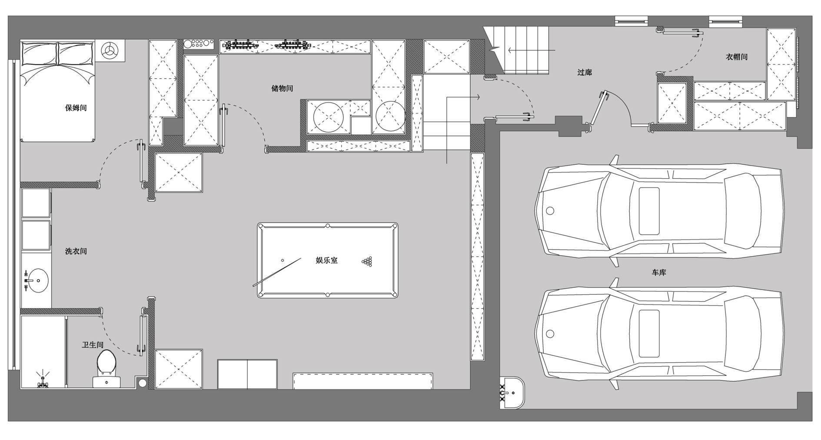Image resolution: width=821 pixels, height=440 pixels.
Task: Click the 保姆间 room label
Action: (76, 108)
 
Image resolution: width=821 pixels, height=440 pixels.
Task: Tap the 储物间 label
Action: (282, 88)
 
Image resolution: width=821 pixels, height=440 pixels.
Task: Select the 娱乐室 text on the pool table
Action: (326, 260)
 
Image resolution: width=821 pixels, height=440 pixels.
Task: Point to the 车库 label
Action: (659, 273)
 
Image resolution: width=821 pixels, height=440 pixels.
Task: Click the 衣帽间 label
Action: (737, 57)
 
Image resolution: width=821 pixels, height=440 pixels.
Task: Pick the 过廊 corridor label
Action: (585, 72)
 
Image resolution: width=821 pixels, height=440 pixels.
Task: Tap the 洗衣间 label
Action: (76, 251)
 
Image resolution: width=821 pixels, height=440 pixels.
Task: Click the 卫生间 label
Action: (93, 345)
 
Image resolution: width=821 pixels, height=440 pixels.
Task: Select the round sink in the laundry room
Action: (37, 281)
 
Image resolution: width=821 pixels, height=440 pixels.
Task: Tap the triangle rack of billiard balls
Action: (367, 261)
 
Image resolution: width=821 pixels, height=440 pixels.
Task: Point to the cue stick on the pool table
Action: (277, 272)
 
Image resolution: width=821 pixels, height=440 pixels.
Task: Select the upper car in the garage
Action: (658, 211)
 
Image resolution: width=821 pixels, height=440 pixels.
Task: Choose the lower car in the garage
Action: (658, 334)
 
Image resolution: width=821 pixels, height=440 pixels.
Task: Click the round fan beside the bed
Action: (110, 50)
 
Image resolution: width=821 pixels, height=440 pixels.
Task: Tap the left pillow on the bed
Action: (40, 53)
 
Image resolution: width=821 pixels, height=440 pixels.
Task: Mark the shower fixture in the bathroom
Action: (43, 381)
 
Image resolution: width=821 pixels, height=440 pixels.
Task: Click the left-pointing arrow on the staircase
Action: (532, 50)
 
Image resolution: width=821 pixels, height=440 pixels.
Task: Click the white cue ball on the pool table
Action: (283, 260)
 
